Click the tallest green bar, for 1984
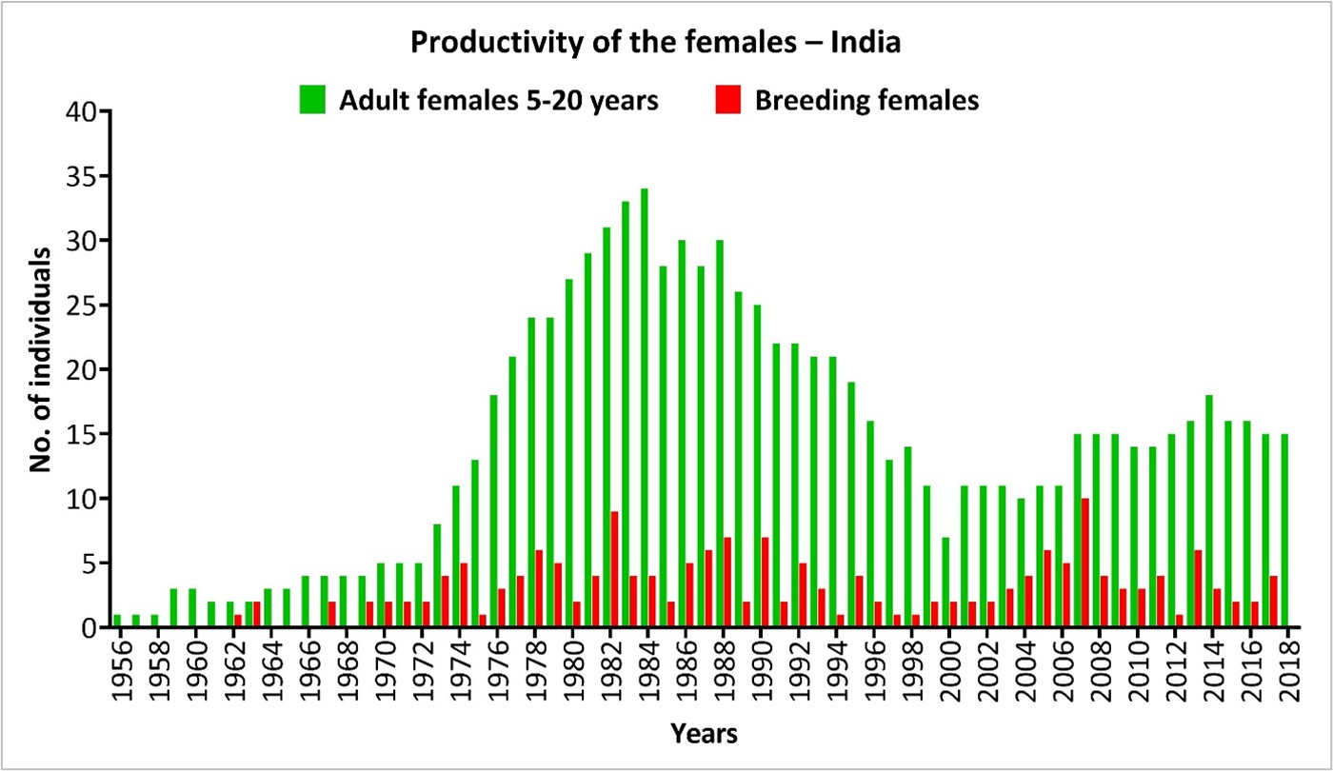pos(645,408)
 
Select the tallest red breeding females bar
pos(1085,563)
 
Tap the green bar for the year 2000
pos(945,582)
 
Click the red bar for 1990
pos(765,582)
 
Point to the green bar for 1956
pos(117,621)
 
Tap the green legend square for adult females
pos(312,99)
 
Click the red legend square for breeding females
pos(727,99)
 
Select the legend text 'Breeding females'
pos(866,100)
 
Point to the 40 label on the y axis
pos(83,112)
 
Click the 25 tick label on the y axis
pos(83,306)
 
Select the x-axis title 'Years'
pos(702,734)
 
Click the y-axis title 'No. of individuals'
pos(40,369)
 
